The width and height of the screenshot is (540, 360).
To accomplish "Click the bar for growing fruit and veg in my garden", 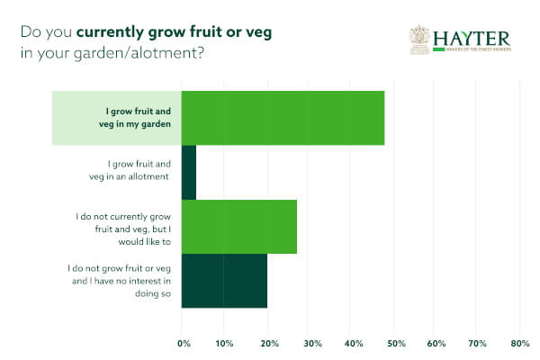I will [283, 118].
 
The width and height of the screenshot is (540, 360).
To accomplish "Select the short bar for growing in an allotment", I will [189, 172].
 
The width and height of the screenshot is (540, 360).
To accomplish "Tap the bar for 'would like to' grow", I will [239, 226].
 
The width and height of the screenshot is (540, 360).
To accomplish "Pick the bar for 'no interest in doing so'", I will [224, 280].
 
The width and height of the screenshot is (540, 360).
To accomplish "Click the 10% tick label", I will [224, 343].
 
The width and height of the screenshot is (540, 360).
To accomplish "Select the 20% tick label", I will [266, 343].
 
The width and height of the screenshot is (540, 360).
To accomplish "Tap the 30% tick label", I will [309, 343].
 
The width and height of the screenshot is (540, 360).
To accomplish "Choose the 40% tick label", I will [351, 343].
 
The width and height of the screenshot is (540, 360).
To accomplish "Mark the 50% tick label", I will [393, 343].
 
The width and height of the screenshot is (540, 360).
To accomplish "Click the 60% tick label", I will [436, 343].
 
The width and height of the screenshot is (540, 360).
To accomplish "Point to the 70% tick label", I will [478, 343].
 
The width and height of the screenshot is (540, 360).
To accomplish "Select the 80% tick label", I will [519, 343].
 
